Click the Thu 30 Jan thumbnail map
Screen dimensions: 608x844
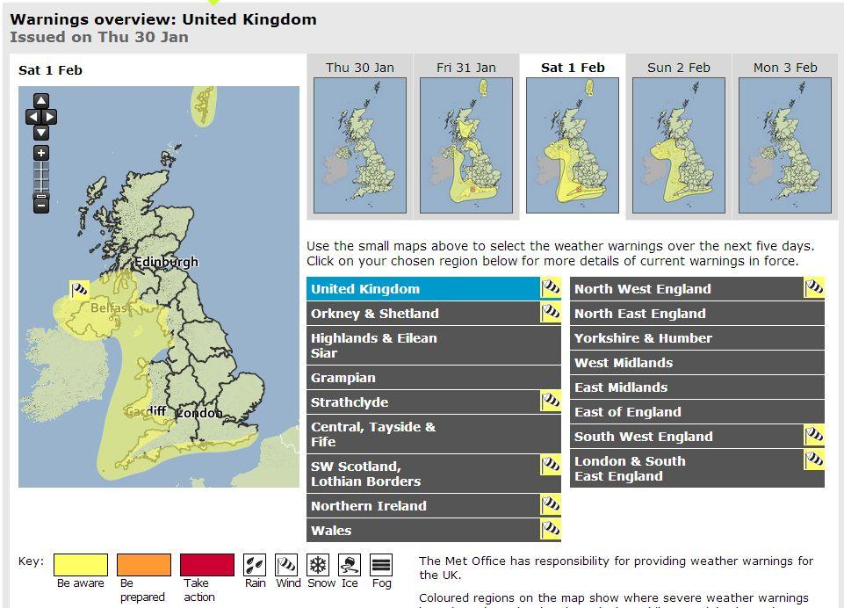(360, 145)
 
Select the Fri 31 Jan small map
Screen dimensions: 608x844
(466, 145)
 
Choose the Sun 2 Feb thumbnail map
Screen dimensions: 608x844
(679, 145)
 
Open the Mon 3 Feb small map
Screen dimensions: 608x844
(785, 145)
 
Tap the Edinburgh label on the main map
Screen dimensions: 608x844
(166, 262)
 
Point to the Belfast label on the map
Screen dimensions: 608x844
(111, 308)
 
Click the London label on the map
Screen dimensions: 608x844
(199, 412)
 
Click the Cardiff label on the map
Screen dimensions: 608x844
(145, 411)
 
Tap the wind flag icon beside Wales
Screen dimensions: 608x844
(551, 530)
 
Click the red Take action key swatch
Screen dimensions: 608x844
(207, 565)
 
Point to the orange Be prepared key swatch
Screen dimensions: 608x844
(144, 565)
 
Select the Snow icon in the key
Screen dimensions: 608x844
(318, 565)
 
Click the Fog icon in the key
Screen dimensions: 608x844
(381, 565)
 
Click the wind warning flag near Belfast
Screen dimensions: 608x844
(80, 289)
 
